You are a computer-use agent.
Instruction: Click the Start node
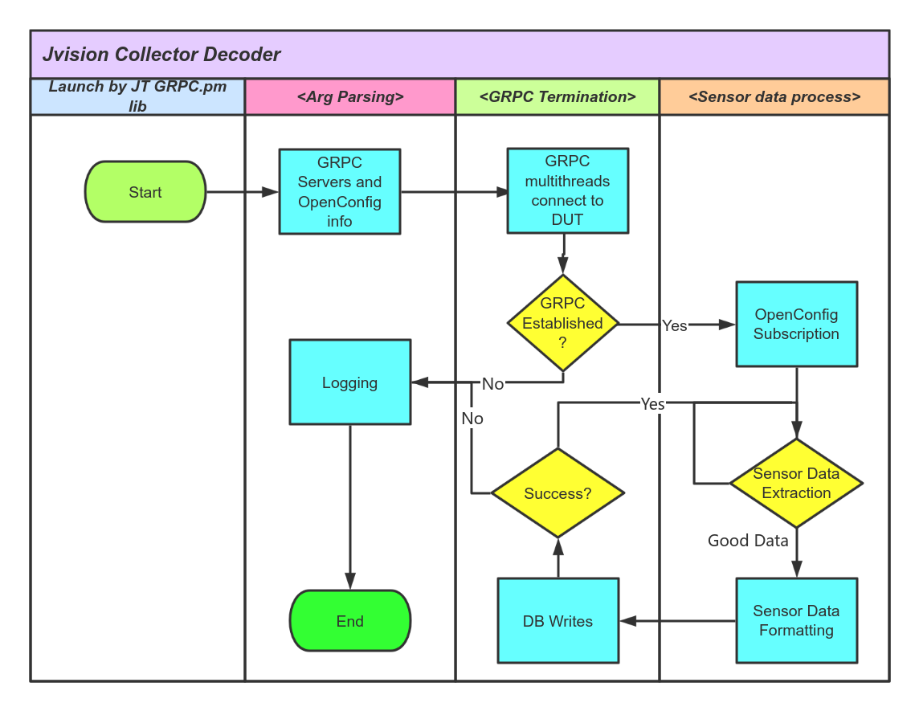click(x=145, y=192)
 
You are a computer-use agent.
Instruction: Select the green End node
click(x=350, y=621)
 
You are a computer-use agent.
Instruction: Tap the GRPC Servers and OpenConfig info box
click(x=340, y=192)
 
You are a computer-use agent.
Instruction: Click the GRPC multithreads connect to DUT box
click(x=567, y=191)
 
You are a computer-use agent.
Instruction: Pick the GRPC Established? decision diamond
click(x=562, y=324)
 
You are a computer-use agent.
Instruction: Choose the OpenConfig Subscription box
click(x=796, y=325)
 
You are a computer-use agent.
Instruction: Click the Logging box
click(x=350, y=382)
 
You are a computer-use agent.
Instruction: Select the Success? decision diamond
click(x=558, y=493)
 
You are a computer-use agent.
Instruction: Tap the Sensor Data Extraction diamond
click(x=796, y=484)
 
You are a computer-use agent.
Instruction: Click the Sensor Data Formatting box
click(x=796, y=620)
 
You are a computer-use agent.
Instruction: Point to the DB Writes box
click(x=558, y=621)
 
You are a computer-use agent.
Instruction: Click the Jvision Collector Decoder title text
click(x=161, y=55)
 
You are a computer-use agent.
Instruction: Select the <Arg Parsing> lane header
click(x=350, y=97)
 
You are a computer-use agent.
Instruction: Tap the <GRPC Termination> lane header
click(x=558, y=97)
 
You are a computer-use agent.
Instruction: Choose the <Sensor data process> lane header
click(x=774, y=97)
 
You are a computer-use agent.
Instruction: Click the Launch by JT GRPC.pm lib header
click(x=137, y=96)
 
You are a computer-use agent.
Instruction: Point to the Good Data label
click(x=748, y=541)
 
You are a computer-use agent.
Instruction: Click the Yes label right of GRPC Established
click(x=675, y=325)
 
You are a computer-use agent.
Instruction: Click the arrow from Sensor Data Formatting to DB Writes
click(x=678, y=621)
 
